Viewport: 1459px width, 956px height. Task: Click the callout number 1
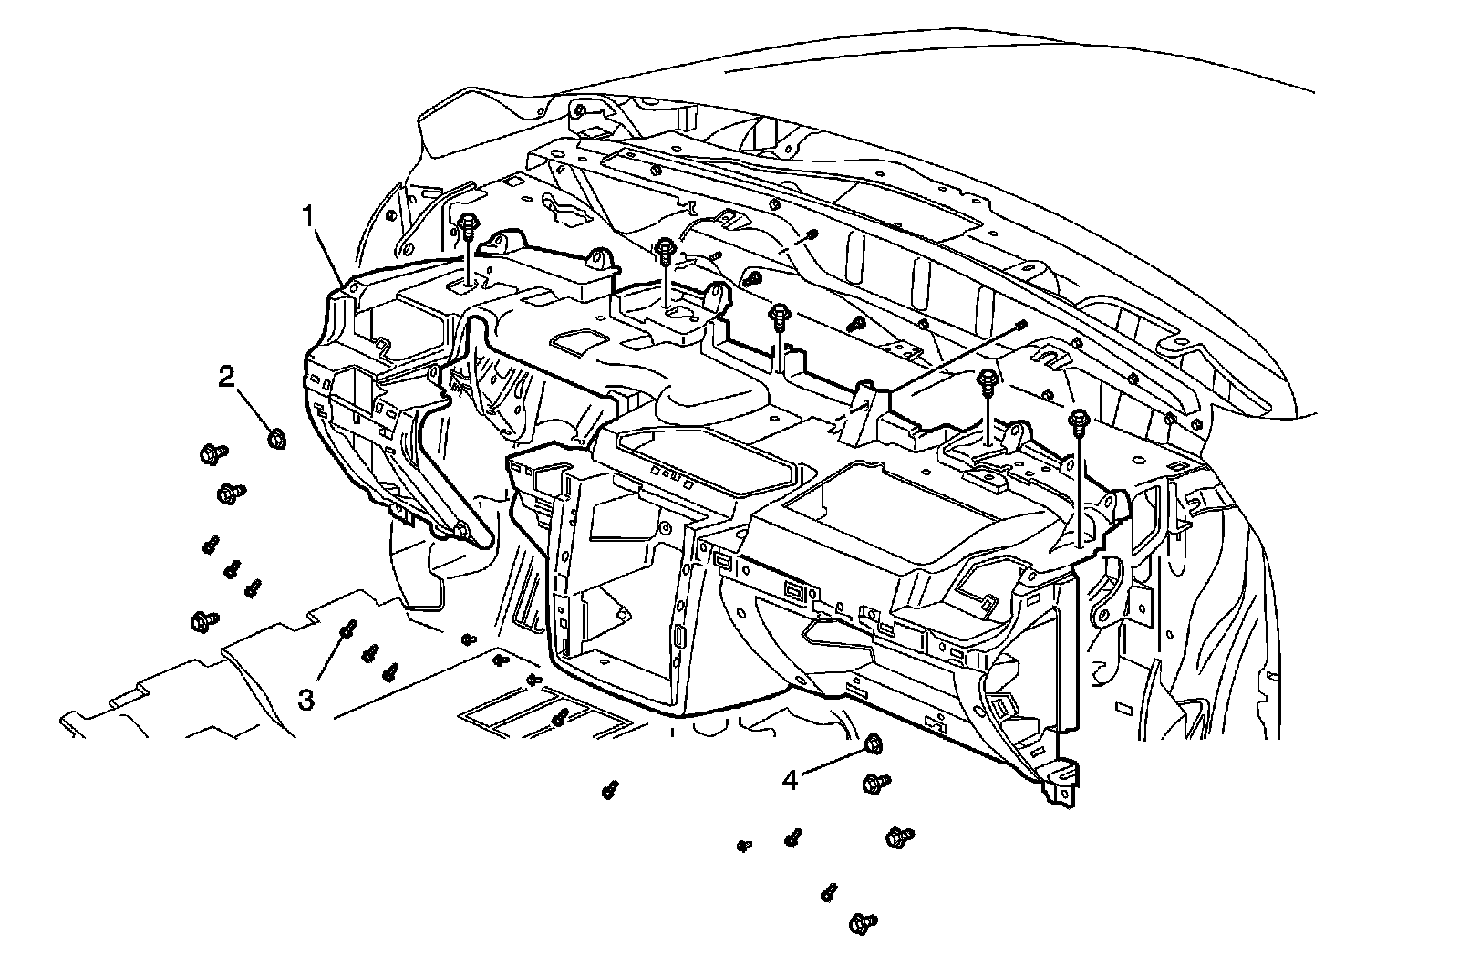(x=309, y=217)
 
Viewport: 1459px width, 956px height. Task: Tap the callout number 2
(x=225, y=376)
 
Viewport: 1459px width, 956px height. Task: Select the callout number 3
(x=306, y=700)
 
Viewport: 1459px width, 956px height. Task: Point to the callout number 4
(x=791, y=780)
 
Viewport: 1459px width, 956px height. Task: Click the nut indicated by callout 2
(x=277, y=439)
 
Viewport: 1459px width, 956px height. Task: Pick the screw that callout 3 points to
(x=347, y=629)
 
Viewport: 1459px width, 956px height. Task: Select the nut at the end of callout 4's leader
(x=870, y=743)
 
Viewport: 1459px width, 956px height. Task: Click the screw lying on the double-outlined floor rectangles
(x=561, y=718)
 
